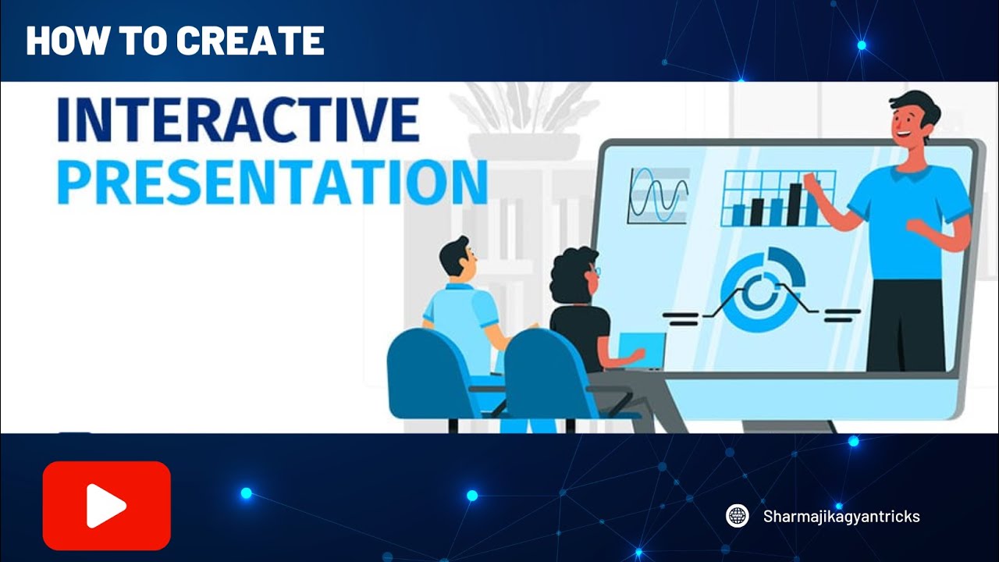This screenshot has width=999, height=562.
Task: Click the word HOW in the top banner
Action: [65, 41]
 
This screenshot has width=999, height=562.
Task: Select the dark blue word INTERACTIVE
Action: [237, 119]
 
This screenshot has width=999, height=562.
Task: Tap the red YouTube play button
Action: [107, 506]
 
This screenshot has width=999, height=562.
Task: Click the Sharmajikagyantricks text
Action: [841, 516]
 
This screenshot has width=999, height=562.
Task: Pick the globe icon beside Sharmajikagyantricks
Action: [738, 516]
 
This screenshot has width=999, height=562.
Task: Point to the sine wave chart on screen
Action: [658, 195]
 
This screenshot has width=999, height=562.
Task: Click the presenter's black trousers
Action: [905, 324]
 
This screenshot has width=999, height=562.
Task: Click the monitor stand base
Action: [788, 426]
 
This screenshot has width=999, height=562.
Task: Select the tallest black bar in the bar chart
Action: [795, 204]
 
